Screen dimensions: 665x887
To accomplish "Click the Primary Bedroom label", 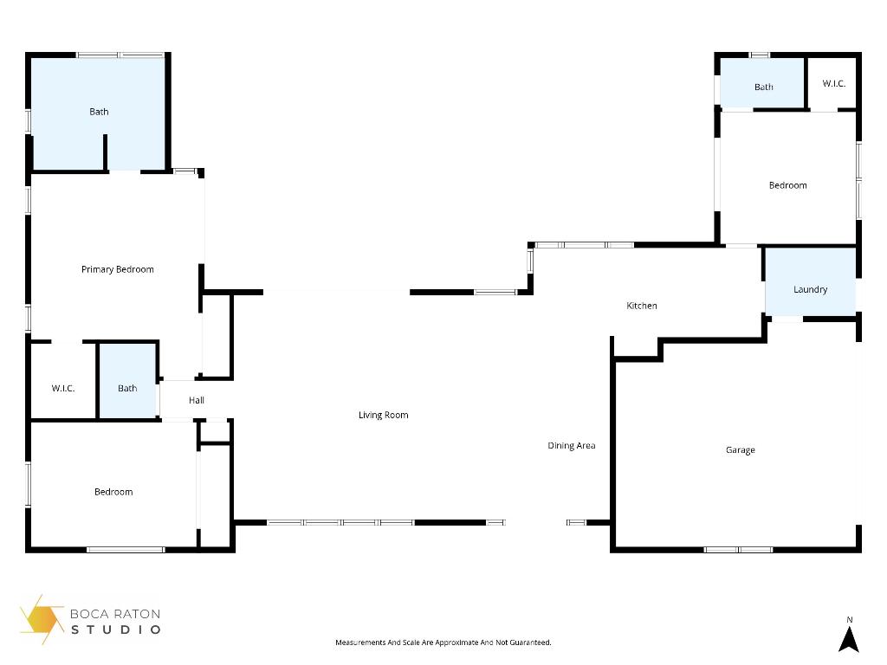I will (x=118, y=269).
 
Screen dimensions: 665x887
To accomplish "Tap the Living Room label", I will (x=383, y=415).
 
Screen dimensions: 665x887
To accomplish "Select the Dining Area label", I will (x=571, y=446).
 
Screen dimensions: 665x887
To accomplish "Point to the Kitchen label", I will (x=642, y=306).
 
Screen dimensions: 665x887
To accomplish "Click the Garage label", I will (x=740, y=450).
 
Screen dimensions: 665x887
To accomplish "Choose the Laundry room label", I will (x=810, y=289).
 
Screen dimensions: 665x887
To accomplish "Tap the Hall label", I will (x=197, y=400).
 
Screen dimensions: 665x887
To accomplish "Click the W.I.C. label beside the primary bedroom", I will (x=63, y=388).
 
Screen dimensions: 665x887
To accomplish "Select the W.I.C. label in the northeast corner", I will (x=833, y=83).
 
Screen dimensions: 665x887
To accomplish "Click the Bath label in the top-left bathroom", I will (x=99, y=112).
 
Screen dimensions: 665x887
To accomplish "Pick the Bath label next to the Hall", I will (x=127, y=388).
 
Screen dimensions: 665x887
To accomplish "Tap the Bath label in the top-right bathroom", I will (x=763, y=87).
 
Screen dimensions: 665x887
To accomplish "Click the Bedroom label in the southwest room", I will (x=113, y=492).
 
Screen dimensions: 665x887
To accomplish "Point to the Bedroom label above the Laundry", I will (x=787, y=185).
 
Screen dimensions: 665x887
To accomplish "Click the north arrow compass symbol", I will (x=849, y=637).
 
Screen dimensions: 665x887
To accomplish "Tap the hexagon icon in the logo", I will (x=41, y=618).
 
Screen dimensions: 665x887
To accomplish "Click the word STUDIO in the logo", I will (x=115, y=629).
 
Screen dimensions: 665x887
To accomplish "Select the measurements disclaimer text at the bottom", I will (x=443, y=642).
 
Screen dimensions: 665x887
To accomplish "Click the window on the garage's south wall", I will (x=738, y=549).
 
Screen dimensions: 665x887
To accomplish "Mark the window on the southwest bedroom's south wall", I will (x=126, y=549).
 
